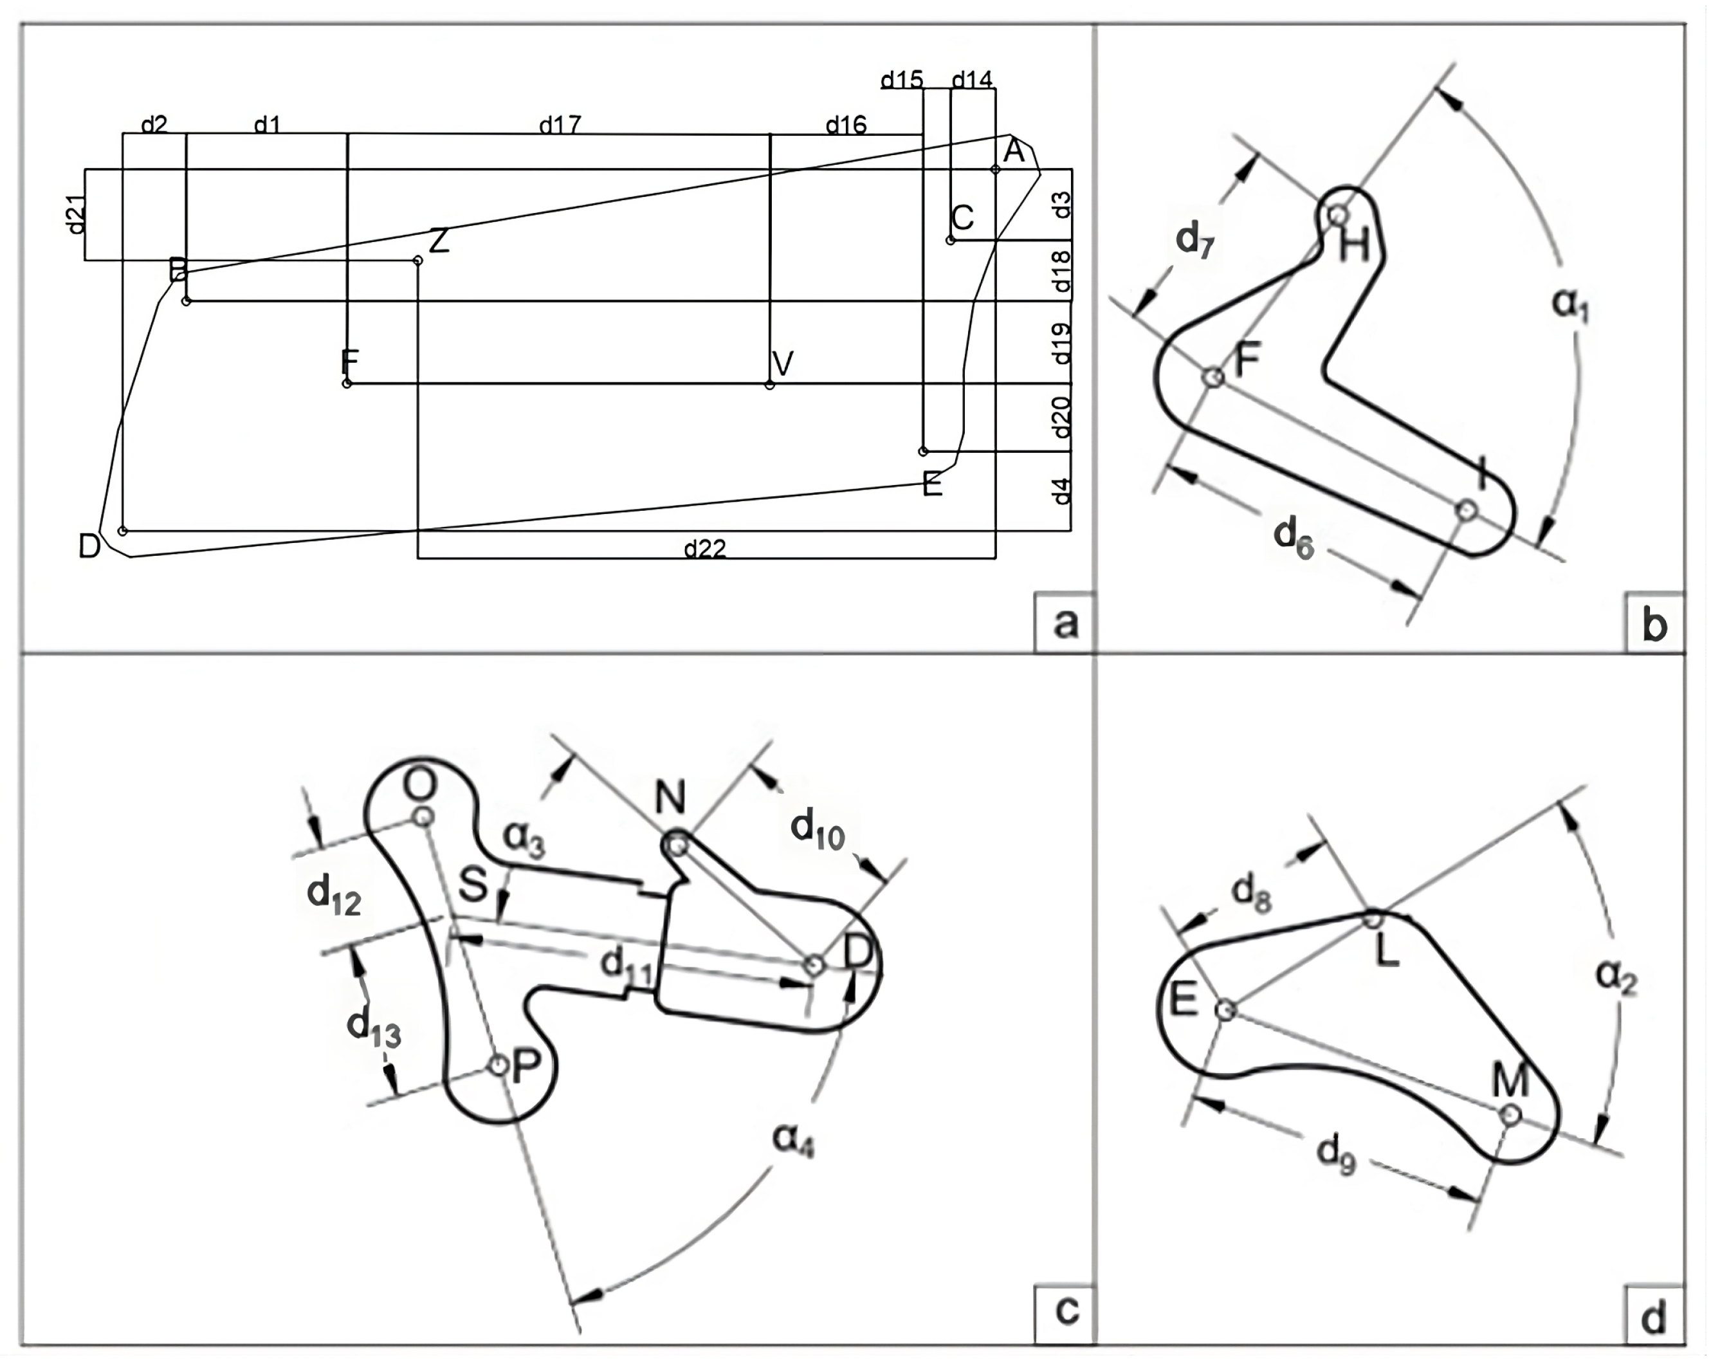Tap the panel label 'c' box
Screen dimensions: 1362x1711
[x=1065, y=1311]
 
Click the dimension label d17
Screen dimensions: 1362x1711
[x=560, y=125]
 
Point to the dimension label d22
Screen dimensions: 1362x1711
[x=705, y=548]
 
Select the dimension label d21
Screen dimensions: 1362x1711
[x=75, y=214]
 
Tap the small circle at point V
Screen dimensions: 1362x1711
[x=770, y=385]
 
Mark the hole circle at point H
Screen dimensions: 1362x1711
[x=1338, y=214]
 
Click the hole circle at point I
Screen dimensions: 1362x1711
[x=1467, y=510]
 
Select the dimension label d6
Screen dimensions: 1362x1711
[x=1294, y=537]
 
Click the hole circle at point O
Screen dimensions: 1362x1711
[x=424, y=816]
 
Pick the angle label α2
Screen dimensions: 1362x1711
[x=1616, y=975]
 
